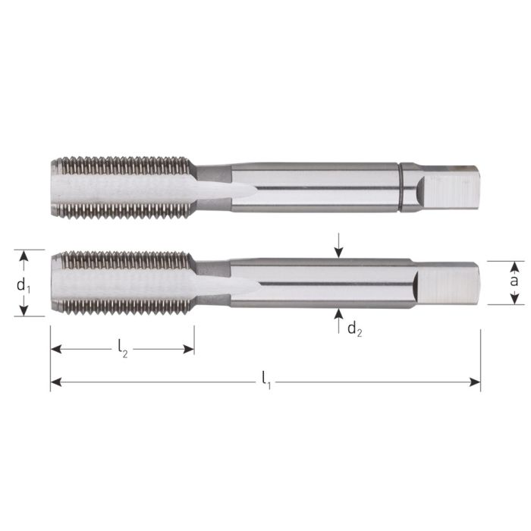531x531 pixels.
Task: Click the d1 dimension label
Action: pos(24,287)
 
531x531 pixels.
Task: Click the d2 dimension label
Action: pos(353,328)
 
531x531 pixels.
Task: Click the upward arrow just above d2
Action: pos(338,314)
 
